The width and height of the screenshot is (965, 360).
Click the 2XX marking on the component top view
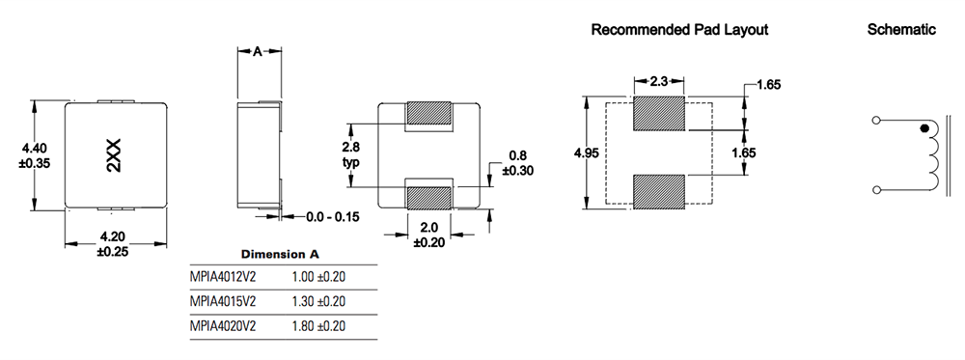115,155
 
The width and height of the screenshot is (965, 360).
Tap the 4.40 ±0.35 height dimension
36,155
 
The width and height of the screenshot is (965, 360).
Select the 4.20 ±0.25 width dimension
113,243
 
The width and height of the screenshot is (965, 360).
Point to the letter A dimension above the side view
258,52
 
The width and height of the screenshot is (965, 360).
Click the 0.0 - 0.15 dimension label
333,216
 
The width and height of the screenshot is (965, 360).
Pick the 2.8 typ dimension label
351,154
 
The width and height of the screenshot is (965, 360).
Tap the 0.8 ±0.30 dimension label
517,163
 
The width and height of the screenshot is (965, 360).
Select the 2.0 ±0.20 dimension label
429,235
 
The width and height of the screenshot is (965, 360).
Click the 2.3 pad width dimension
658,81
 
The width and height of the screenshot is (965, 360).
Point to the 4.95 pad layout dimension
586,152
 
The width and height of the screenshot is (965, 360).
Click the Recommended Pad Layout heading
679,30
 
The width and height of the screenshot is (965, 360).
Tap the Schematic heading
901,29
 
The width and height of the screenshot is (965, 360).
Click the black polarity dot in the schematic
924,128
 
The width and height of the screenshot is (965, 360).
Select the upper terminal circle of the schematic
876,120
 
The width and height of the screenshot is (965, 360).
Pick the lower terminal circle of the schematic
876,189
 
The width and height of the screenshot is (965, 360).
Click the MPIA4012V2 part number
223,277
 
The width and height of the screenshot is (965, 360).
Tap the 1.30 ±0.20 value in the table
318,301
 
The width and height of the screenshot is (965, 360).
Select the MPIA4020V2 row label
223,326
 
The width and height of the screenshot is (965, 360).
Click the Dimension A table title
280,254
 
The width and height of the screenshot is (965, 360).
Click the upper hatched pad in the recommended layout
659,114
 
